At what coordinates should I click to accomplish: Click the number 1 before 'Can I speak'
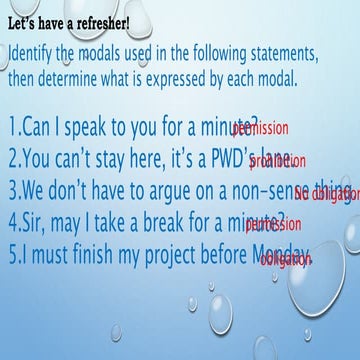coord(11,127)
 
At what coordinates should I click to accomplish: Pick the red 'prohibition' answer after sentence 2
coord(271,162)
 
